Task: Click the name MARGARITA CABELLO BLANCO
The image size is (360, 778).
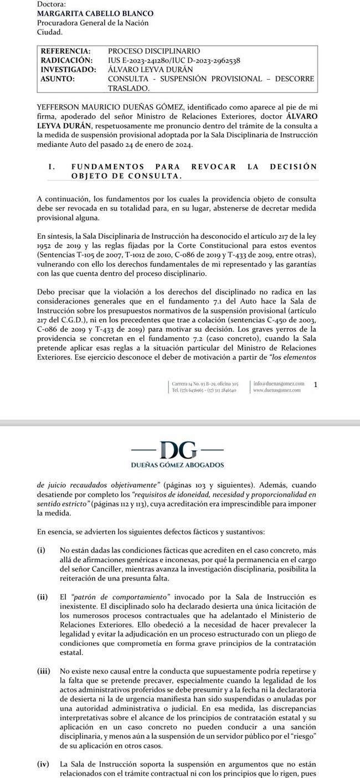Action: point(95,13)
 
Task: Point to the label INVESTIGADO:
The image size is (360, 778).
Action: point(69,70)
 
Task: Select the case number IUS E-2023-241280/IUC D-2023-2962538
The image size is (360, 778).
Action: point(174,60)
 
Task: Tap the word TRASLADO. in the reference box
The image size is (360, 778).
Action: point(128,88)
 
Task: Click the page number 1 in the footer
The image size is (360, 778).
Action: point(315,384)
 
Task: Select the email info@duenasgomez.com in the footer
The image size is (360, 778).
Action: point(279,383)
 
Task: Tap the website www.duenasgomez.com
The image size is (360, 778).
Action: point(276,390)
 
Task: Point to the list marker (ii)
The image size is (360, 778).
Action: point(43,597)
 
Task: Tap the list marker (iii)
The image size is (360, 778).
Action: point(44,671)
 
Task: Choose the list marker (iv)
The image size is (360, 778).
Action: point(43,764)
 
